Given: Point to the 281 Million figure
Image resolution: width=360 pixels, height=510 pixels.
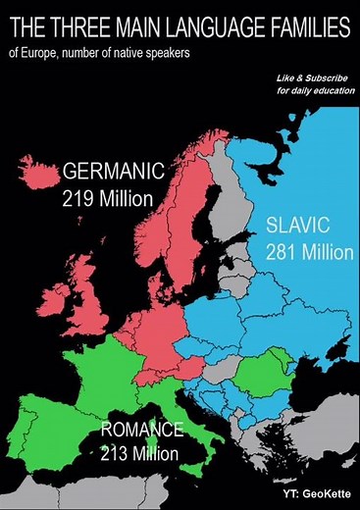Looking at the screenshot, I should (x=308, y=251).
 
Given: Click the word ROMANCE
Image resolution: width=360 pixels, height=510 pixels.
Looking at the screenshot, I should (x=142, y=430).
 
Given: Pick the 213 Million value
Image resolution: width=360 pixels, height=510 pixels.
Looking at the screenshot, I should (x=140, y=453).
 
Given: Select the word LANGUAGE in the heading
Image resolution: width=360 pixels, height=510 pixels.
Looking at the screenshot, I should (x=207, y=25).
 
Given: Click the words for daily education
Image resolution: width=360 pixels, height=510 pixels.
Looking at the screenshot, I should (x=315, y=90).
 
